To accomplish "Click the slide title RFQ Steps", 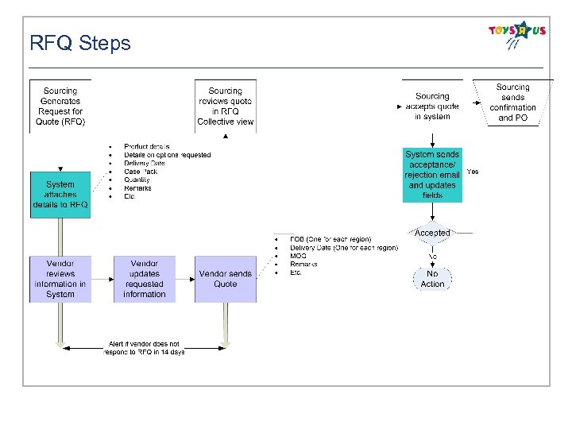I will [x=80, y=43].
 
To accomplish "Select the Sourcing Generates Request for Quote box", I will [x=60, y=106].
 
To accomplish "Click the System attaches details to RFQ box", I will [x=60, y=194].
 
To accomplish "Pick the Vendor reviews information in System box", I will [x=60, y=279].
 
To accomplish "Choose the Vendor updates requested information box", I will [x=144, y=279].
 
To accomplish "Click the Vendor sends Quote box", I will [x=226, y=279].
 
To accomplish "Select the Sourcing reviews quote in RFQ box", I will [x=226, y=106].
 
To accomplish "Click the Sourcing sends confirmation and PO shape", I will [x=512, y=102].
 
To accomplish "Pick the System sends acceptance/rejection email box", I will [x=432, y=175].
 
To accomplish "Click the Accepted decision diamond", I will [x=432, y=234].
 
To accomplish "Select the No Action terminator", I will [x=433, y=279].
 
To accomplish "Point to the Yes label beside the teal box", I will [x=473, y=172].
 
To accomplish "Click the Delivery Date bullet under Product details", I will [x=145, y=163].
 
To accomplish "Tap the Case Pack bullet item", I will [x=141, y=172].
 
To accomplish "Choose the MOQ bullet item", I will [x=299, y=256].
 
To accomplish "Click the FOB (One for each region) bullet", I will [x=330, y=239].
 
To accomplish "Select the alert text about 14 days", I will [x=145, y=348].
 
